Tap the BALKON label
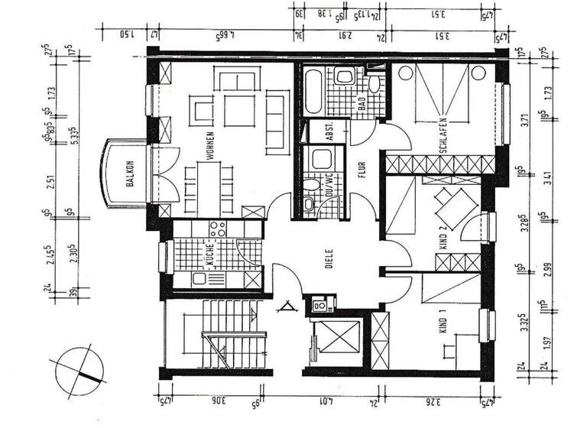131,175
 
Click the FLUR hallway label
363,167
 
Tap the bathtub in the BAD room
313,91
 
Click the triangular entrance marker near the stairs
287,310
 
